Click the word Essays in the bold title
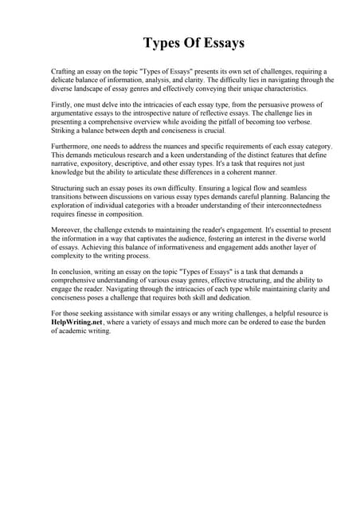[217, 42]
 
